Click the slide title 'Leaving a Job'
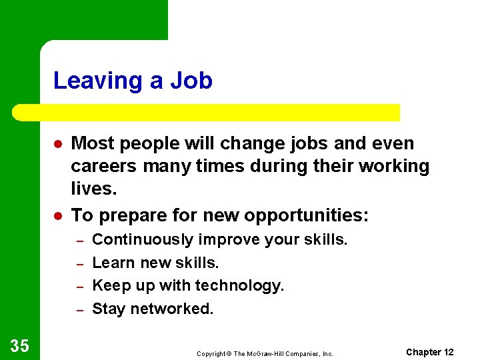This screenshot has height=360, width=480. point(133,81)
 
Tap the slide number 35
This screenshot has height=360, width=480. point(19,345)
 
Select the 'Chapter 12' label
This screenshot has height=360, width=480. point(429,352)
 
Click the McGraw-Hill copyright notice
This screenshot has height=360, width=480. point(265,353)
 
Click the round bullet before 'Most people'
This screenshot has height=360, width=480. point(58,144)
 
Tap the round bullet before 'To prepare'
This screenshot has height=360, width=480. point(58,215)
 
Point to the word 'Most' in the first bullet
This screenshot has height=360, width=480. point(91,143)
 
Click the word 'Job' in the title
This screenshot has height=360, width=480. point(191,81)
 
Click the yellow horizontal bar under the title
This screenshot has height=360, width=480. point(207,112)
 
